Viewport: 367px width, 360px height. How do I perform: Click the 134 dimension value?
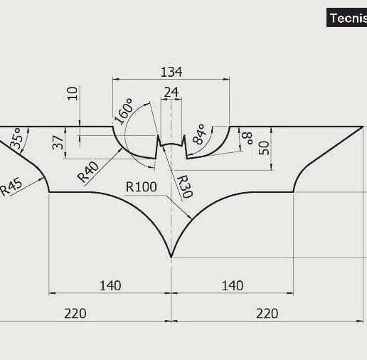[x=171, y=72]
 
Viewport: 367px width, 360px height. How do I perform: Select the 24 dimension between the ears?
[x=171, y=92]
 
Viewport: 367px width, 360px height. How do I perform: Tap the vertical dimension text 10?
[x=72, y=94]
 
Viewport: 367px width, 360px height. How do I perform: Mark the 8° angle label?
[x=246, y=138]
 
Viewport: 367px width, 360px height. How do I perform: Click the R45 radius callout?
[x=11, y=187]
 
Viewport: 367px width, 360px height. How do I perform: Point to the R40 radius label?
[x=89, y=173]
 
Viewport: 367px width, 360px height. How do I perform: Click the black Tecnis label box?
[x=346, y=18]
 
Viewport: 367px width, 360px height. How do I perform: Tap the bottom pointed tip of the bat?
[x=171, y=255]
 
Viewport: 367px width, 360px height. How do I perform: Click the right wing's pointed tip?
[x=363, y=127]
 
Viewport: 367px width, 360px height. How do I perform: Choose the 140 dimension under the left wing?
[x=110, y=285]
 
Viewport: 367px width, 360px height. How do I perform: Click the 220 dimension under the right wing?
[x=267, y=313]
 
